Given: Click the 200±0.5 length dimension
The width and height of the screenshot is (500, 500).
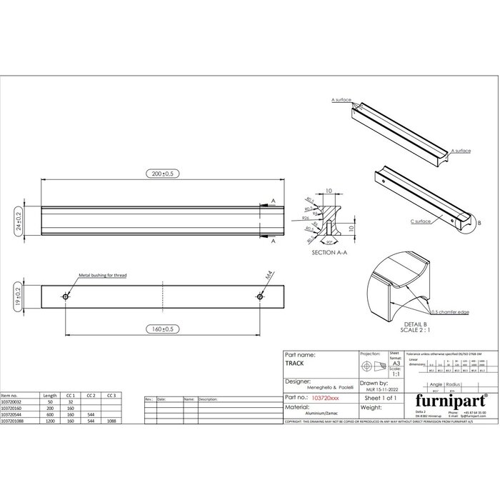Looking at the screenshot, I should tap(161, 174).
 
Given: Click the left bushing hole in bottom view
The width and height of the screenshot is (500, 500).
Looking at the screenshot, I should tap(66, 296).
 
